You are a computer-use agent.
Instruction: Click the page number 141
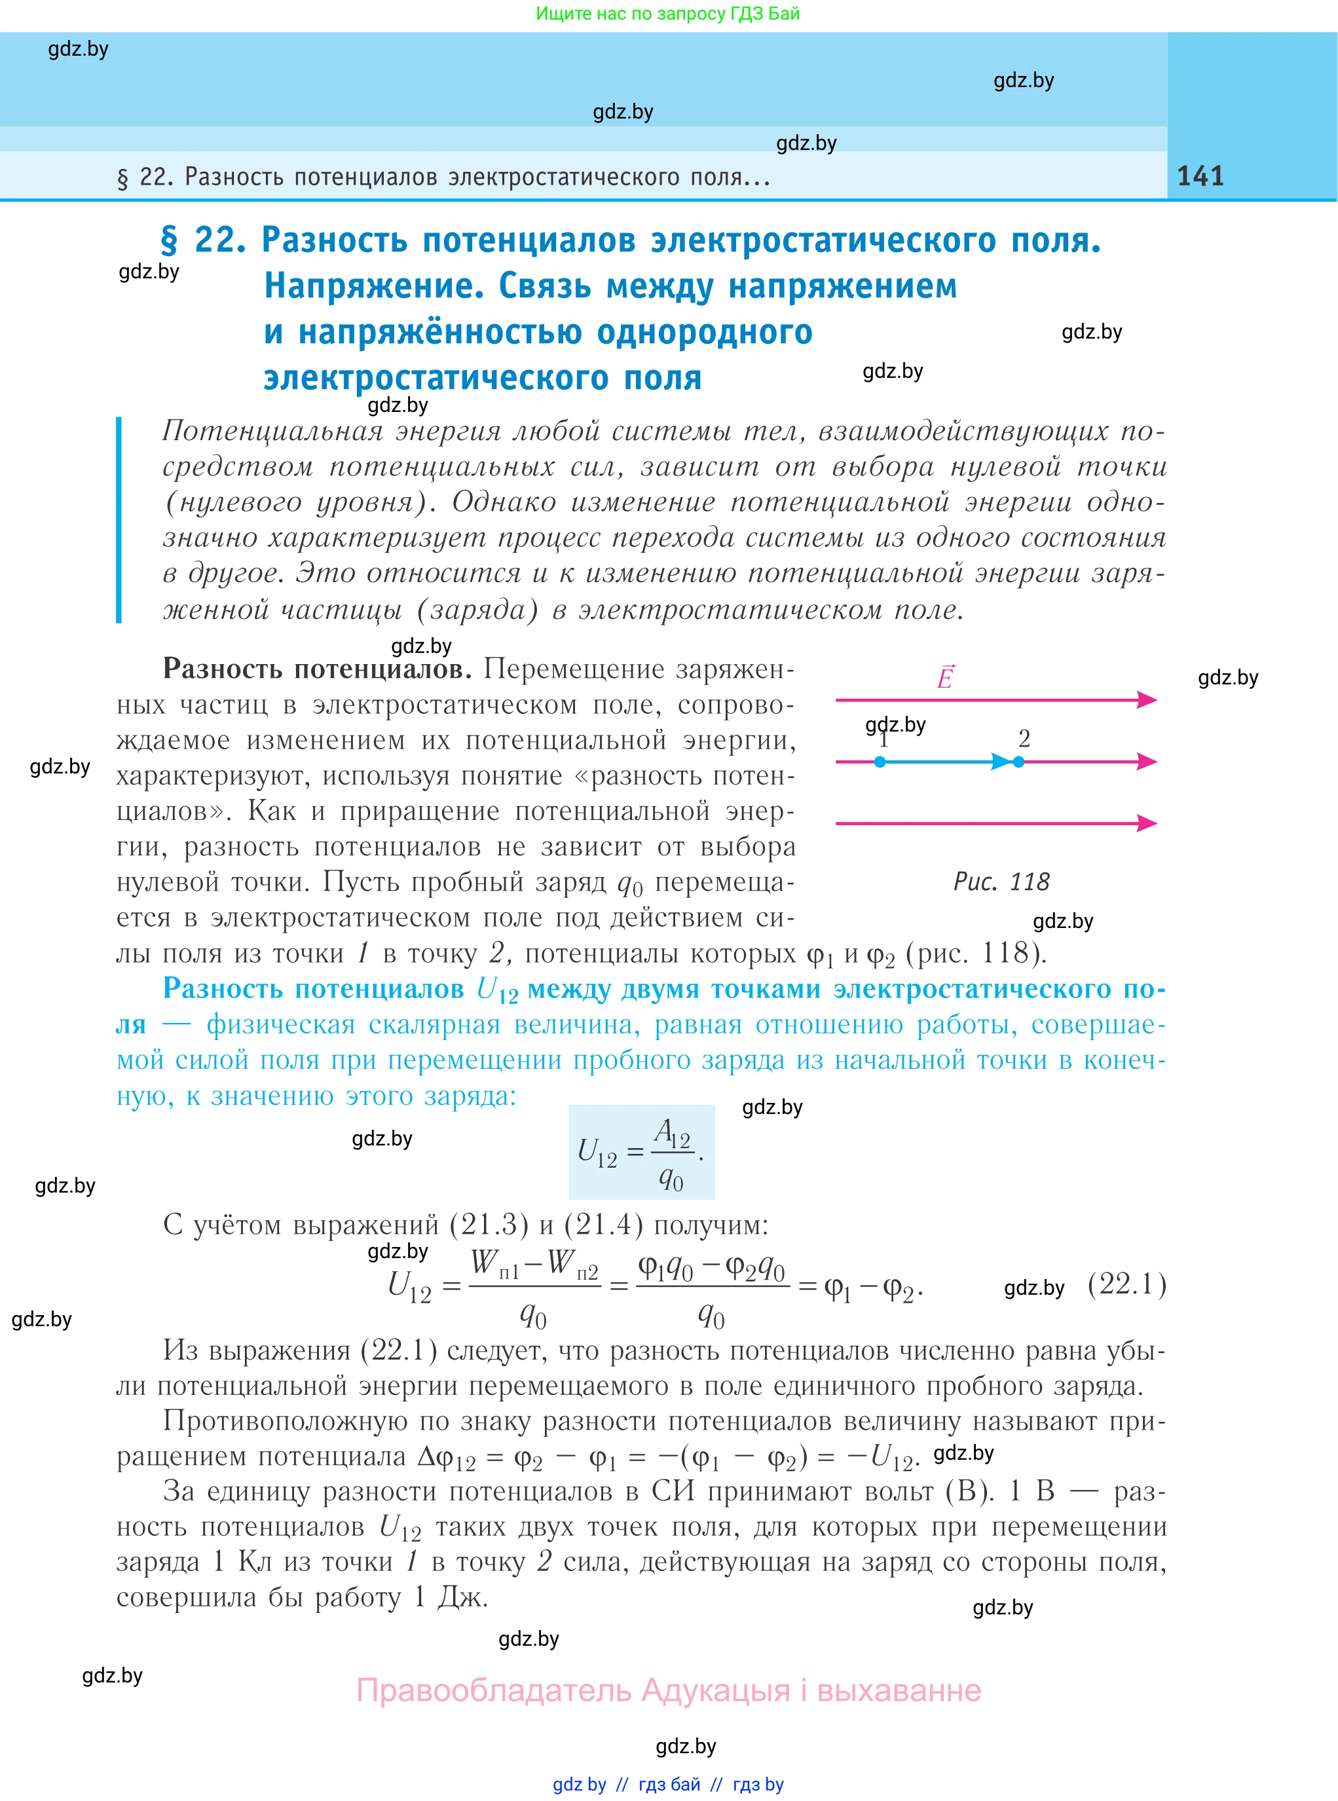click(1200, 176)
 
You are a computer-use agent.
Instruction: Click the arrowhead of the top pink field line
click(1147, 699)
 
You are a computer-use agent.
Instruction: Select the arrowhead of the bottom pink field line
click(1147, 824)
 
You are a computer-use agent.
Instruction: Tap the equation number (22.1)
click(1126, 1284)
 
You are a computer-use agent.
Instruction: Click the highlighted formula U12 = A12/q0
click(641, 1151)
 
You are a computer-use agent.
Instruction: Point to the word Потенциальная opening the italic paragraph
click(272, 431)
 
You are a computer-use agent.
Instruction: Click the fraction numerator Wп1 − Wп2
click(534, 1263)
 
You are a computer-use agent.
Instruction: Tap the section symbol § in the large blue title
click(168, 240)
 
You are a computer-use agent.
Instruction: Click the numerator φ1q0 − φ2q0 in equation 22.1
click(712, 1267)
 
